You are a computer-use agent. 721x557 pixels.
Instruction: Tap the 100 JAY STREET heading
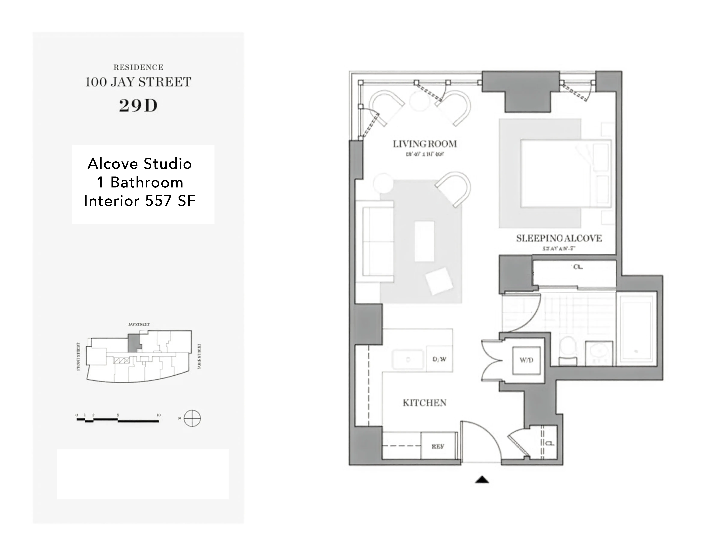[138, 82]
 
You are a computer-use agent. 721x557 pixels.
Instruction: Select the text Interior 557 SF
[140, 201]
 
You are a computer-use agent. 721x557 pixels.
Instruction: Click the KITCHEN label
[424, 403]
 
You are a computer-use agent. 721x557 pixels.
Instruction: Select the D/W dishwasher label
[439, 359]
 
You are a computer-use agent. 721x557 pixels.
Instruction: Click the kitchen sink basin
[408, 359]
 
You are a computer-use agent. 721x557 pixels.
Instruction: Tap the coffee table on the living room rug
[424, 241]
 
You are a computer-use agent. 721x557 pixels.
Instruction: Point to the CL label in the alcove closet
[577, 267]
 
